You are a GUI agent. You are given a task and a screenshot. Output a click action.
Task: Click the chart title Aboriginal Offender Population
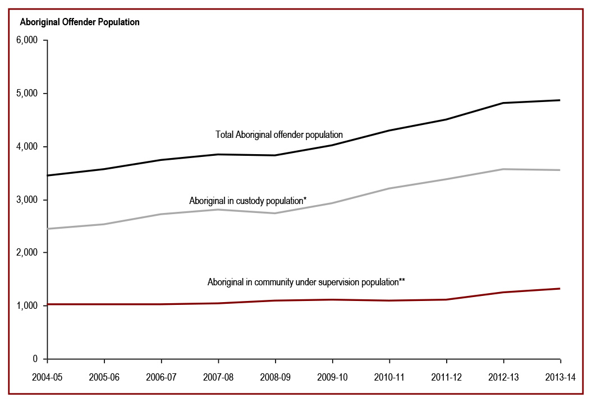[80, 22]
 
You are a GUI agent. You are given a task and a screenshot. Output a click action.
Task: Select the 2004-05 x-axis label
[48, 377]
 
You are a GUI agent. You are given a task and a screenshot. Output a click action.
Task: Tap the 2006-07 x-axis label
[162, 377]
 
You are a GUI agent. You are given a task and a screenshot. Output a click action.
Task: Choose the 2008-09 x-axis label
[276, 377]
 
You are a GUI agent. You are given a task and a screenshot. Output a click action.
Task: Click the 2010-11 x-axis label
[389, 377]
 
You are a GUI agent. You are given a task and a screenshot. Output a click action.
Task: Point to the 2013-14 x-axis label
[560, 377]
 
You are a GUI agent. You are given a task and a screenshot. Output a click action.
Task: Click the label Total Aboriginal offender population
[279, 135]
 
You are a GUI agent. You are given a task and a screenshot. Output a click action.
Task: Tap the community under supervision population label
[306, 282]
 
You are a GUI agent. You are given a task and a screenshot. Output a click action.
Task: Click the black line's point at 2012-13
[503, 103]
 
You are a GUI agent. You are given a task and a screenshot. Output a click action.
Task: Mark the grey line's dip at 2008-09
[276, 213]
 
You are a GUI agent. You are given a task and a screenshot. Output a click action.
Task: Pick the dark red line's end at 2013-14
[560, 289]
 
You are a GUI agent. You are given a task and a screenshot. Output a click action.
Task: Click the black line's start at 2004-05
[48, 175]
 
